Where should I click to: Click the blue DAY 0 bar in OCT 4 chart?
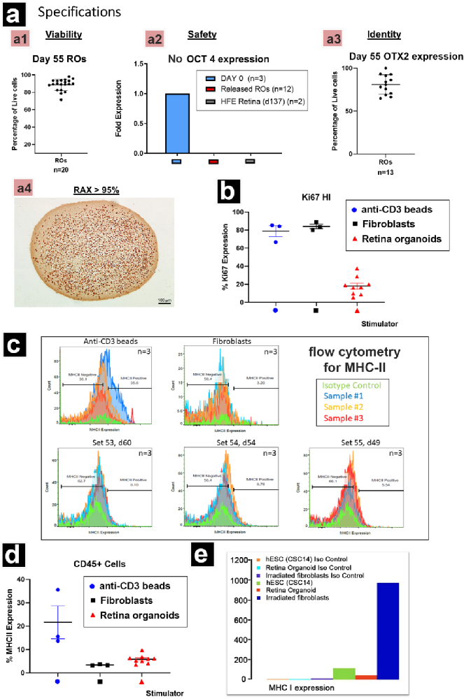pyautogui.click(x=176, y=123)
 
